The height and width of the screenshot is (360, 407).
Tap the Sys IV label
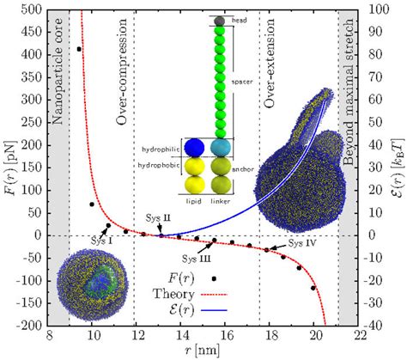pos(303,243)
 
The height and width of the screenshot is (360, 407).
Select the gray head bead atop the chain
pos(220,20)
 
